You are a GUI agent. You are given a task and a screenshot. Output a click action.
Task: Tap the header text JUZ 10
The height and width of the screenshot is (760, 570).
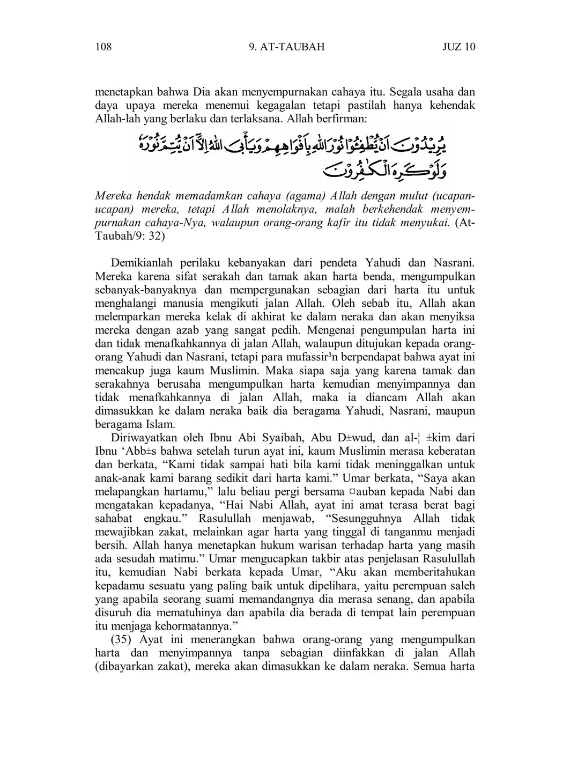tap(458, 47)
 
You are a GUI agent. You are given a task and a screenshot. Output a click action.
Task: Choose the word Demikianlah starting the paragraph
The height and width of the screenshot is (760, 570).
tap(142, 263)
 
